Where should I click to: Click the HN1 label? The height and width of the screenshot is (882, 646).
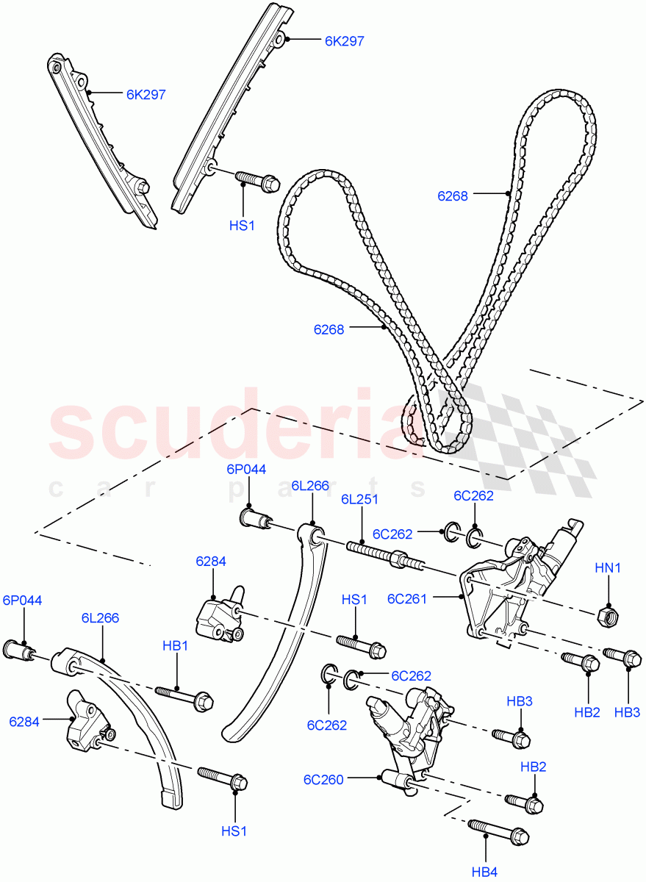coord(608,567)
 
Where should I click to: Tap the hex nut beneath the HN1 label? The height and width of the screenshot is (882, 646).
coord(609,617)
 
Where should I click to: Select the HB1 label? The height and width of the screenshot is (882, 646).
coord(175,646)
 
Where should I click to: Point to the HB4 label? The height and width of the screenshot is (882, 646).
coord(485,872)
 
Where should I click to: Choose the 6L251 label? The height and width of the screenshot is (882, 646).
coord(359,499)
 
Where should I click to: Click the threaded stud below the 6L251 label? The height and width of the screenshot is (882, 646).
coord(386,556)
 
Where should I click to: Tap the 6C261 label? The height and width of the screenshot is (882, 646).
coord(407,599)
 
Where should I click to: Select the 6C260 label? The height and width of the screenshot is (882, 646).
coord(323,780)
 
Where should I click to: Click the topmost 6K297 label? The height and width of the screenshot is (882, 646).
coord(345,41)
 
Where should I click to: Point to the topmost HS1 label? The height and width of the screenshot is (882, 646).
coord(242,226)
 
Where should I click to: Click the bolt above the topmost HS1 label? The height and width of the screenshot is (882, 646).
coord(258,182)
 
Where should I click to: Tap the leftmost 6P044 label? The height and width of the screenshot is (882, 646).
coord(23,600)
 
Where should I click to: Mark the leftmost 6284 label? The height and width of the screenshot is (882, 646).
coord(24,722)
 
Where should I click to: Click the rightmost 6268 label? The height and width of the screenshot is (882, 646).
coord(453,196)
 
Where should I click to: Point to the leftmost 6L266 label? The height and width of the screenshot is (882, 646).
coord(100,618)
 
